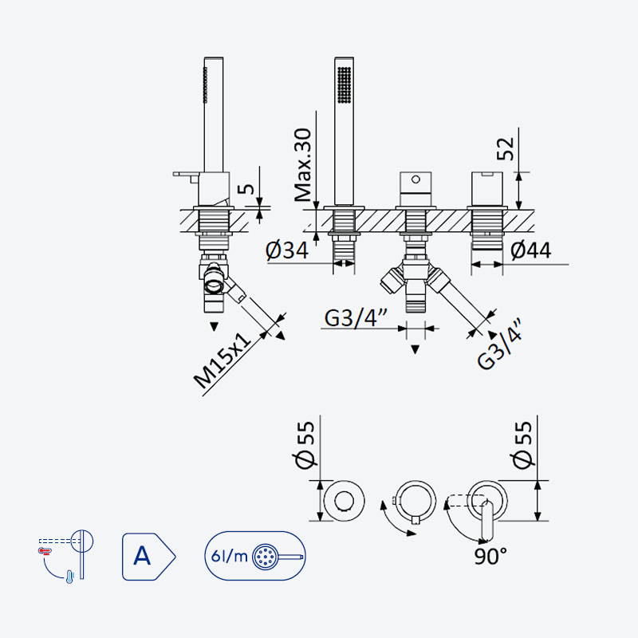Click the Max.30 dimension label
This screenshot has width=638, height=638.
click(303, 165)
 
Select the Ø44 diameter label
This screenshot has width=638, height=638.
click(531, 250)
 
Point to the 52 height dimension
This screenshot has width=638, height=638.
click(506, 148)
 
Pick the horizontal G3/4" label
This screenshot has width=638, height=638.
click(356, 317)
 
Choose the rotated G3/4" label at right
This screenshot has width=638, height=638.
click(500, 344)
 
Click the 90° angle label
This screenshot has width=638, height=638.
click(490, 556)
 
